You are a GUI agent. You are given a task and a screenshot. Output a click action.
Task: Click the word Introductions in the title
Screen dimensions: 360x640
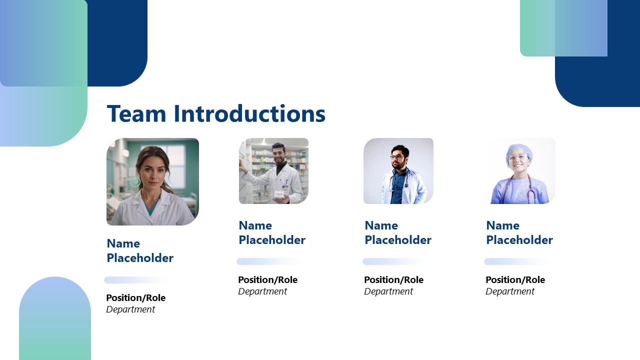249,114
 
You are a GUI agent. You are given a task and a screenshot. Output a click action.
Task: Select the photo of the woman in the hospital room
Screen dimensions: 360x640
152,181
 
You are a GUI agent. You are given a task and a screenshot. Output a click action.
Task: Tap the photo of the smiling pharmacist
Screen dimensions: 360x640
273,171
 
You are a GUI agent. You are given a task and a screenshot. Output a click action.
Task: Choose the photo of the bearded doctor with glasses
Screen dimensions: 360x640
398,171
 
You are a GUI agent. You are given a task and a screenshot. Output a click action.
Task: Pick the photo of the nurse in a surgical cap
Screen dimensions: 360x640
520,171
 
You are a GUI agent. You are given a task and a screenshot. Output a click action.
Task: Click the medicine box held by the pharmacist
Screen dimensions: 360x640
279,194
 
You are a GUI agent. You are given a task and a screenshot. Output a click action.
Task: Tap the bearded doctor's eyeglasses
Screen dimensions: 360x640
397,157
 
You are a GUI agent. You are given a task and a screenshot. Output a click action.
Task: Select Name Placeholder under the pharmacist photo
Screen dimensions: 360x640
271,233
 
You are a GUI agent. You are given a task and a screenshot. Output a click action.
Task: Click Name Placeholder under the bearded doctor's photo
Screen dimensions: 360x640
397,233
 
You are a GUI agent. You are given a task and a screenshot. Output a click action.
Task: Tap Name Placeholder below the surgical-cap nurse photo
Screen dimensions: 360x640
519,233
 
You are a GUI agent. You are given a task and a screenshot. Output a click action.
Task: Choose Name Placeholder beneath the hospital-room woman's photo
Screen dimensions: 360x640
139,251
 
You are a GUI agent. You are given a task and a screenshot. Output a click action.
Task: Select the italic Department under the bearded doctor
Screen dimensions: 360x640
388,291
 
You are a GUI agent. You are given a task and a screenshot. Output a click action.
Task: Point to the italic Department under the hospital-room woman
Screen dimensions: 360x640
130,309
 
